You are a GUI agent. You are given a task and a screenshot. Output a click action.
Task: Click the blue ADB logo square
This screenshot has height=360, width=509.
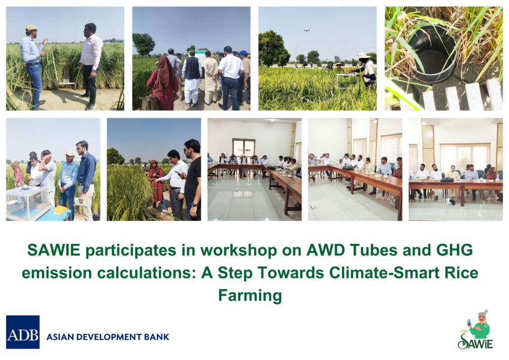[23, 332]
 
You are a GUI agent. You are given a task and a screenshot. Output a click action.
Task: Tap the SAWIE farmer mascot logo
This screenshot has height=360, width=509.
[476, 329]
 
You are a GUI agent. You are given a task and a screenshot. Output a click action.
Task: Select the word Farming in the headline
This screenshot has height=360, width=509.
[250, 296]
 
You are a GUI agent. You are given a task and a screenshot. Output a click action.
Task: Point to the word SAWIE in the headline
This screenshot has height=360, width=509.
[53, 250]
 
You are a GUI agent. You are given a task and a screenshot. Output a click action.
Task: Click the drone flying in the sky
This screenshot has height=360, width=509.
[306, 31]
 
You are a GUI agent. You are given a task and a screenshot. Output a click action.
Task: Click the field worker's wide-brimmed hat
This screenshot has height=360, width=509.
[363, 55]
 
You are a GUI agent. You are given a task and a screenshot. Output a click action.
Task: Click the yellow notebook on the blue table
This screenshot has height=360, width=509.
[60, 210]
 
